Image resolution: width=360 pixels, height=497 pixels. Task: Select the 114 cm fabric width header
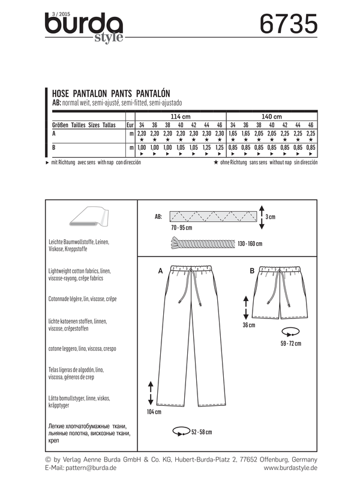(181, 115)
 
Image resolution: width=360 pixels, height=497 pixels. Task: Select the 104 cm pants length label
(154, 413)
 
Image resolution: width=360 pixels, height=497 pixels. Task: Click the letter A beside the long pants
(160, 272)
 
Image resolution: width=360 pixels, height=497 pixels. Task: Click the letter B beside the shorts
(252, 272)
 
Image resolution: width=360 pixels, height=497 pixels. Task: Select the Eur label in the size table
(129, 125)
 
